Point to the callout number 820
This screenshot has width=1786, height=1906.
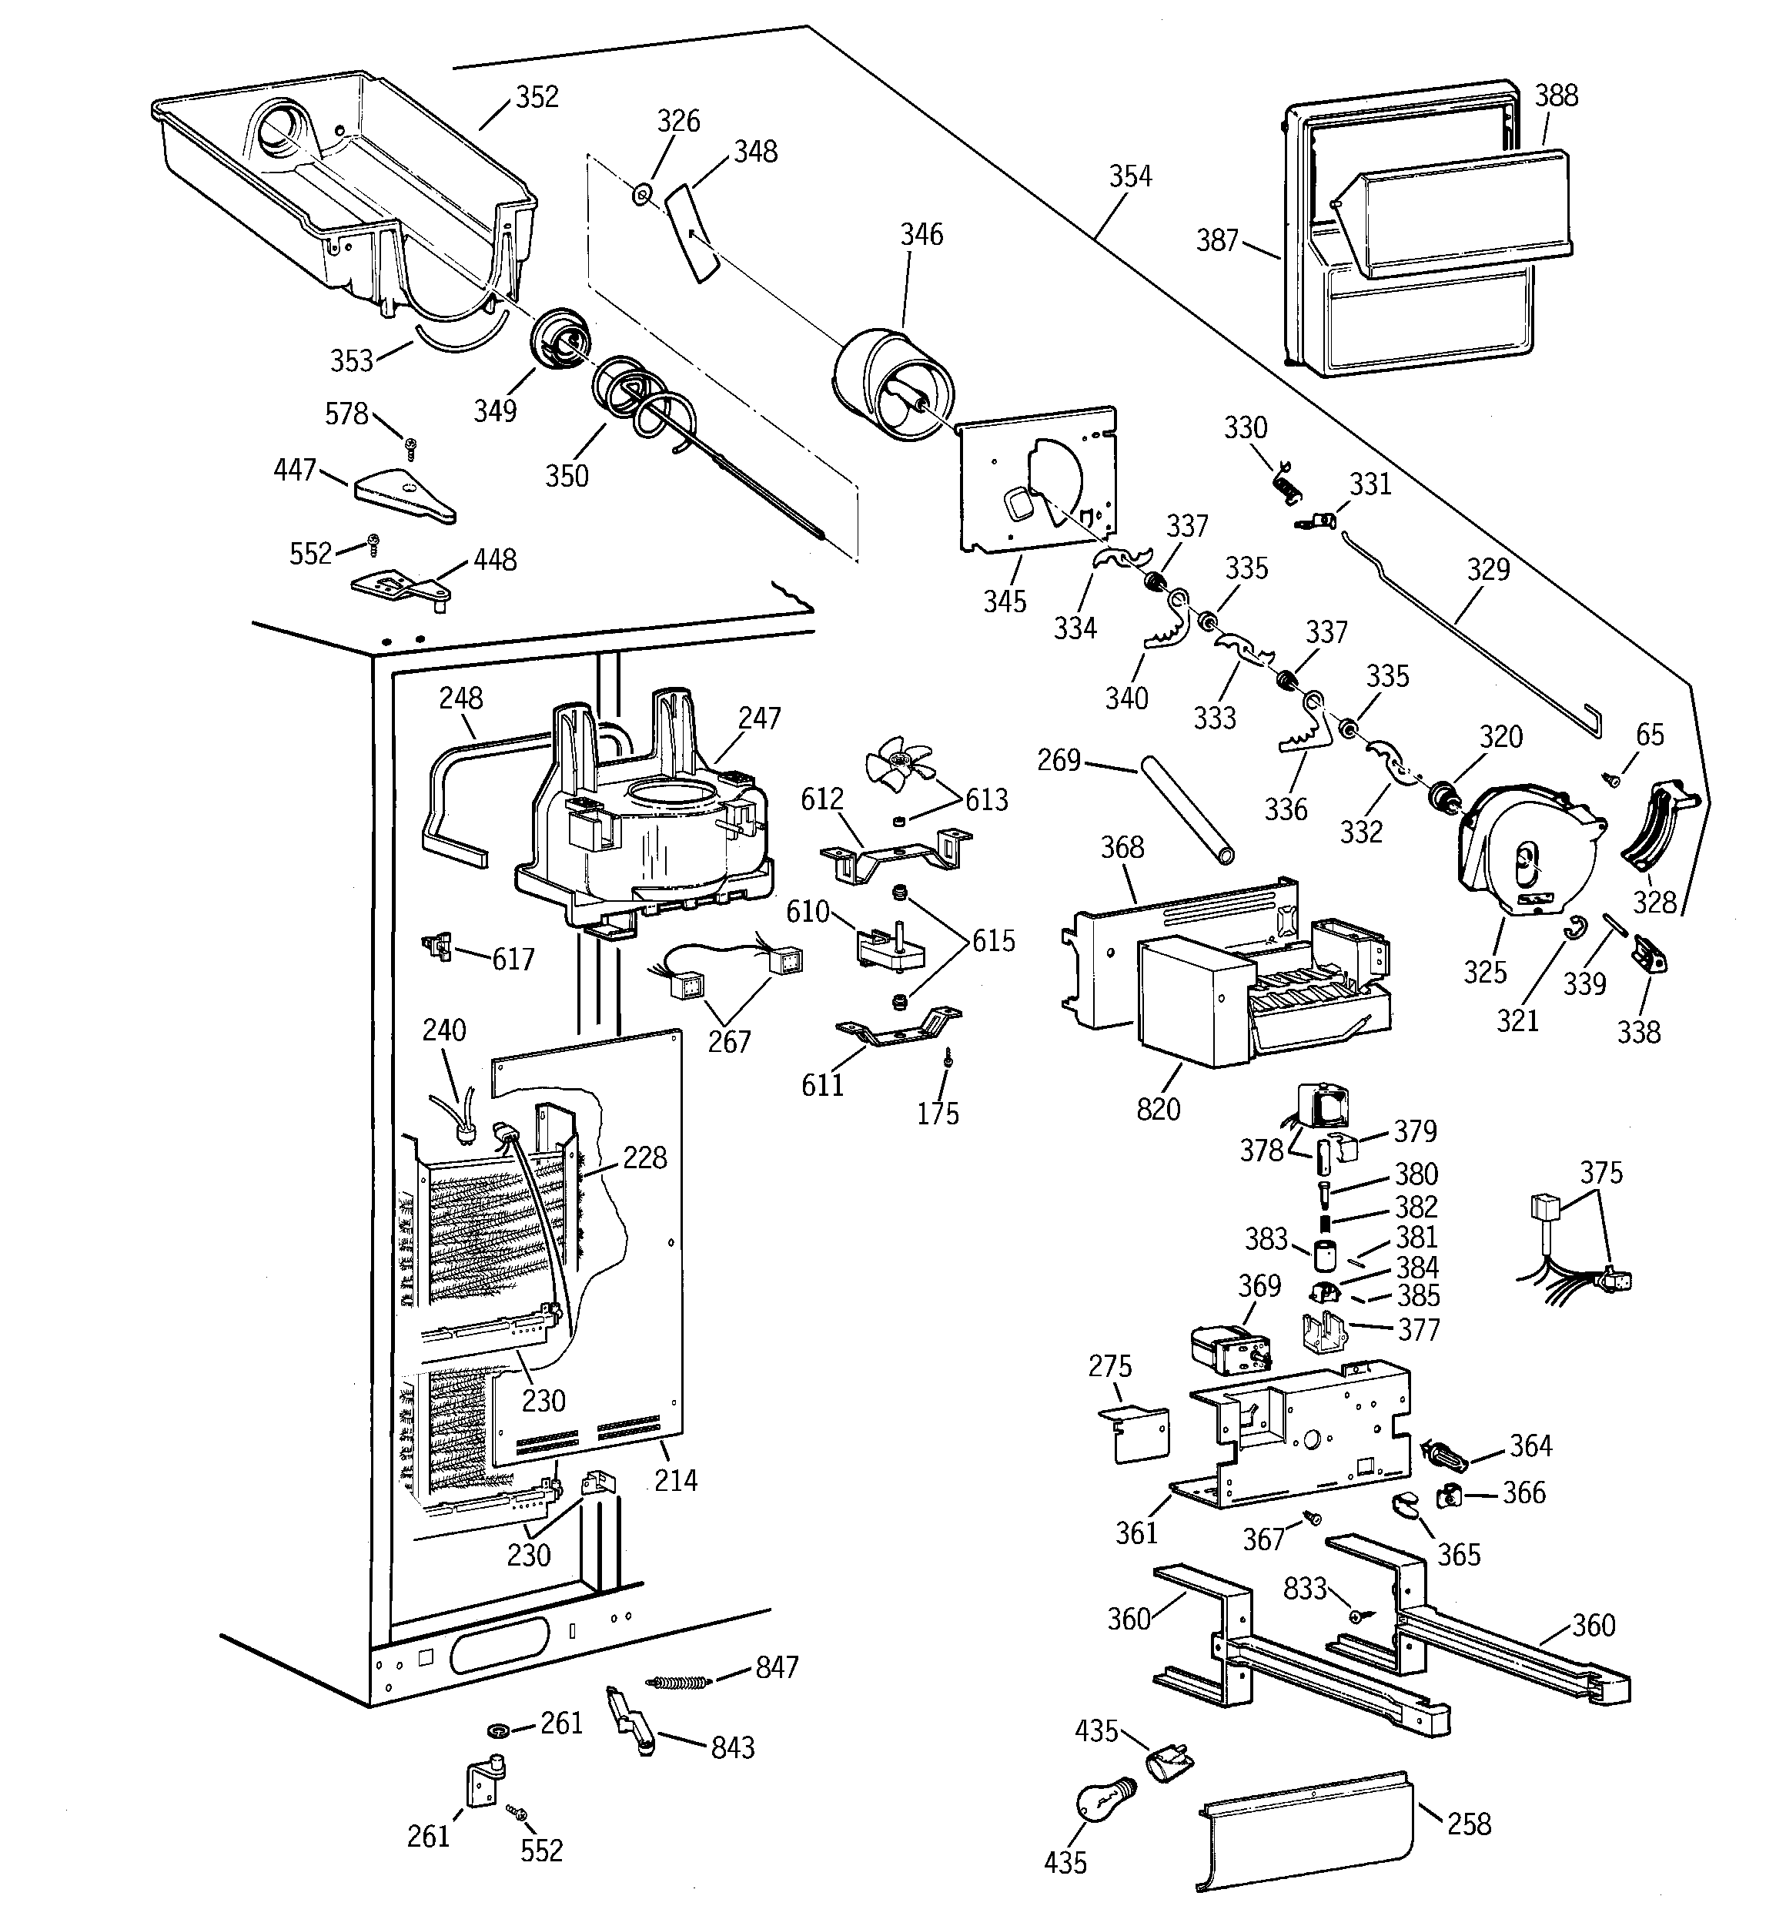[1157, 1108]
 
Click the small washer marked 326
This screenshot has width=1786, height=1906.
[641, 196]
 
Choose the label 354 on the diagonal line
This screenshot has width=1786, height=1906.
[1130, 176]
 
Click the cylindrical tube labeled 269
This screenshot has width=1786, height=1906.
[1185, 810]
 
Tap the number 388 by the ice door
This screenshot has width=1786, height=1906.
[1556, 95]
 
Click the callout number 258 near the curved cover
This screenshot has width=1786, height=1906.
[1469, 1823]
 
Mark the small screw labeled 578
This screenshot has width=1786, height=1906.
[410, 444]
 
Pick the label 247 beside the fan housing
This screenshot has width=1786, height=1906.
[759, 718]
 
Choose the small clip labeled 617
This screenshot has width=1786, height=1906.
[440, 947]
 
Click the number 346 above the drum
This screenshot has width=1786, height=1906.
[921, 235]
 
